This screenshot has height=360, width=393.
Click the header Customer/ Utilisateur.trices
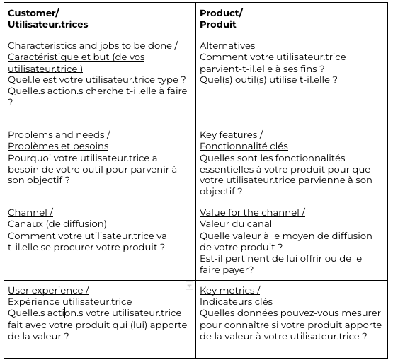(x=48, y=18)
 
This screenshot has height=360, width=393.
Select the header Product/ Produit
(x=221, y=18)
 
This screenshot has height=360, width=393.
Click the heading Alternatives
(x=227, y=46)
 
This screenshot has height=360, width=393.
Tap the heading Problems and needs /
(x=59, y=134)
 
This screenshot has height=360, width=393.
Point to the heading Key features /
(x=231, y=134)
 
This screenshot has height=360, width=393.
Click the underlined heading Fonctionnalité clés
(x=244, y=146)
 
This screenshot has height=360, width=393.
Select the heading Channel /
(x=30, y=212)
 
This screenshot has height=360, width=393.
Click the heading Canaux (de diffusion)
(x=57, y=223)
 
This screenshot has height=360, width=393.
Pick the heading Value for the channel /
(x=252, y=212)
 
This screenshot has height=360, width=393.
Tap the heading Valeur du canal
(x=236, y=223)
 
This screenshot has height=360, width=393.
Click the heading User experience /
(x=48, y=290)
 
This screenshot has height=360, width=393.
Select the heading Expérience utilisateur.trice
(x=69, y=302)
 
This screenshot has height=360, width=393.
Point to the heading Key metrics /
(x=229, y=290)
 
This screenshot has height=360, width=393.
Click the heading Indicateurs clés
(x=236, y=302)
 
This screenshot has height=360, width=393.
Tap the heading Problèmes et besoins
(x=58, y=146)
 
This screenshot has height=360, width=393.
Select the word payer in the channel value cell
(x=239, y=270)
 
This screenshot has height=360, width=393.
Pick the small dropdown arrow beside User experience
(x=189, y=286)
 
